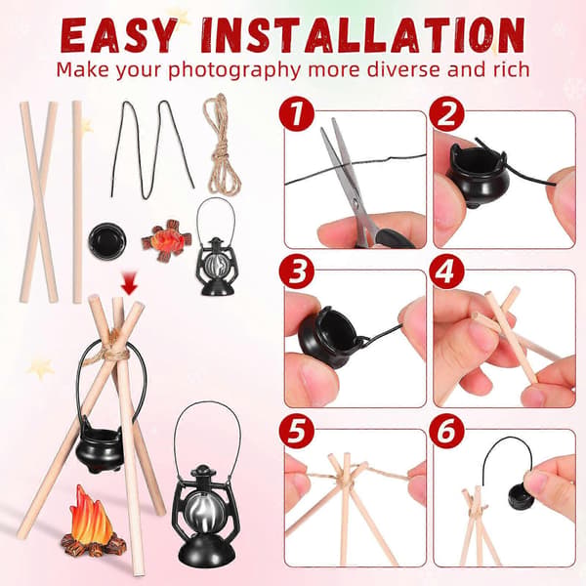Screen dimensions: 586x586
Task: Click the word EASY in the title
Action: (118, 35)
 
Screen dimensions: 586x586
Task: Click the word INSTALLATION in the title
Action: (363, 35)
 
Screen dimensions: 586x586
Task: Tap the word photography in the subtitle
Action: (234, 70)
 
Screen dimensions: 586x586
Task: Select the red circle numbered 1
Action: (296, 113)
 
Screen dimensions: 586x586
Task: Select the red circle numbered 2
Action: (446, 113)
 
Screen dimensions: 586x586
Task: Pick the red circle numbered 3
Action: (296, 272)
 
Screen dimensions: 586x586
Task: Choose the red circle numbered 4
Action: (446, 272)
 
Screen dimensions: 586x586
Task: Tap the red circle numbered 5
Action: (296, 431)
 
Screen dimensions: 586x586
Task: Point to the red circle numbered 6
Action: (446, 431)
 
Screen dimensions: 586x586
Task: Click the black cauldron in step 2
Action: (477, 176)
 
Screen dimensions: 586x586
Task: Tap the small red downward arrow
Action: (130, 287)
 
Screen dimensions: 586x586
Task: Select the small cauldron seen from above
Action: (107, 240)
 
